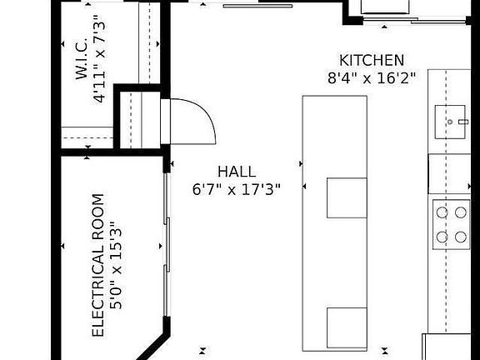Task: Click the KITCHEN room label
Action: [372, 60]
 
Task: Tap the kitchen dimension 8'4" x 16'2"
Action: [372, 77]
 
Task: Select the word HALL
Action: [237, 172]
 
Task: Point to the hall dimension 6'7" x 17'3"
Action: [237, 189]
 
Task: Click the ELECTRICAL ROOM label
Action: [98, 265]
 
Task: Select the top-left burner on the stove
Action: [440, 212]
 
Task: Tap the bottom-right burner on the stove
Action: [461, 237]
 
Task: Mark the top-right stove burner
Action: [461, 212]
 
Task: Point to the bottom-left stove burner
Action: [440, 237]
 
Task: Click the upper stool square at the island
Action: [347, 197]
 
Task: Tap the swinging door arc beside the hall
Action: [197, 121]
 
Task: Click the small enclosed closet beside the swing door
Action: [138, 117]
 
